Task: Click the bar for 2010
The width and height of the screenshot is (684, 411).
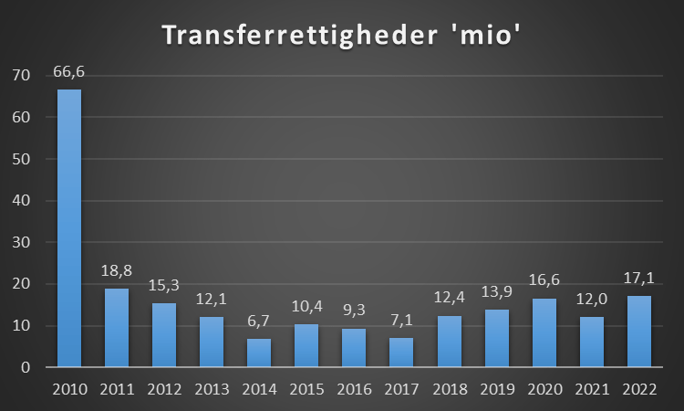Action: (x=69, y=228)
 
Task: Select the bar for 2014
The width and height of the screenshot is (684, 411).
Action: (x=259, y=353)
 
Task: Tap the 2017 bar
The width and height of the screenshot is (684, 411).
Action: (x=401, y=352)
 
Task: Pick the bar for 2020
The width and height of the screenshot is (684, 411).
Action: (x=544, y=332)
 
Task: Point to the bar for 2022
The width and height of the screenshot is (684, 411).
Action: (x=639, y=331)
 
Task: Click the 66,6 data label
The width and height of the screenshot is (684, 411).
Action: (x=69, y=71)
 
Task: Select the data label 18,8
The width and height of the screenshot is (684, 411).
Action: (x=117, y=270)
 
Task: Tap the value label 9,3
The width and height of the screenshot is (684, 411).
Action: (x=354, y=310)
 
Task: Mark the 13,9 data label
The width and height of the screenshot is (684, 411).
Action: (x=497, y=291)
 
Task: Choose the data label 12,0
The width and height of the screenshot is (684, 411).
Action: (x=592, y=300)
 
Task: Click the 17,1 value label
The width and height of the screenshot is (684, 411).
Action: (x=639, y=279)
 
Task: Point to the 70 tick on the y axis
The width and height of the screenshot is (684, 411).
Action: (x=21, y=76)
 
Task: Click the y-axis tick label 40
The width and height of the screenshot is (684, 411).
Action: (x=21, y=201)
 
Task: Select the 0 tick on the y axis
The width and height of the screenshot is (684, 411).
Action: (x=26, y=367)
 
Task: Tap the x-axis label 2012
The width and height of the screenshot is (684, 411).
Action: (x=164, y=389)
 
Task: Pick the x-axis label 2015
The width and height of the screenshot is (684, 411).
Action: (x=306, y=389)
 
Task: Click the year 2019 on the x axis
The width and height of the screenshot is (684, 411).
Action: (x=497, y=389)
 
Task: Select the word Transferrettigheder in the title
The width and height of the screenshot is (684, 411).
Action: (x=300, y=35)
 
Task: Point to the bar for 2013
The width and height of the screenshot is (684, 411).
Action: (x=212, y=342)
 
